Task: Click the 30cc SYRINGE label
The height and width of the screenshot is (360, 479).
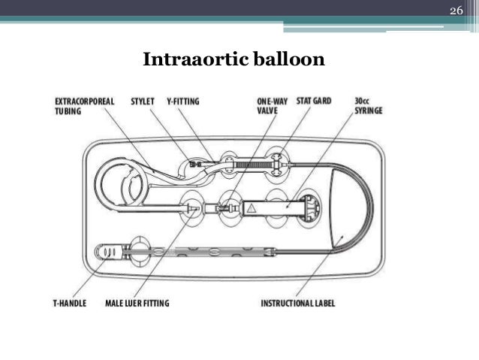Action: click(x=369, y=105)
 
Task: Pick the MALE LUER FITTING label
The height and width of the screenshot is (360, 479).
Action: click(x=137, y=304)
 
